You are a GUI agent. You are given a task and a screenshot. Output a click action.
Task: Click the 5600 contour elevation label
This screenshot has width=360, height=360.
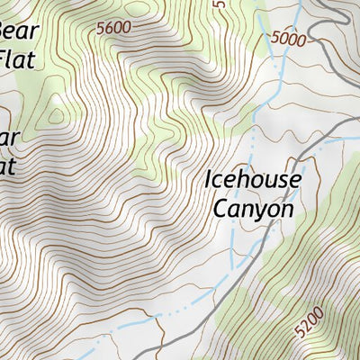(x=113, y=28)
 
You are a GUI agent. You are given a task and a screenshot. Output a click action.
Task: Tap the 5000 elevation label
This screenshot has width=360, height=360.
(x=288, y=38)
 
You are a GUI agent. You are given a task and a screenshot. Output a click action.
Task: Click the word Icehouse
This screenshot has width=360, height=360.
(x=252, y=180)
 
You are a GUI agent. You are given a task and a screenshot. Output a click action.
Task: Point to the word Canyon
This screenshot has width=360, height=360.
(x=253, y=209)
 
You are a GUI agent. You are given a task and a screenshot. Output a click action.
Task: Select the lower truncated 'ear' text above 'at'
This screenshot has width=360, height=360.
(x=9, y=138)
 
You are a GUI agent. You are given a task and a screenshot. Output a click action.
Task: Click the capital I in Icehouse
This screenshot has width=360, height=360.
(x=209, y=179)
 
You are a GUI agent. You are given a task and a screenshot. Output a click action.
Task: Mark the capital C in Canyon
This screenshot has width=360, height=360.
(x=220, y=208)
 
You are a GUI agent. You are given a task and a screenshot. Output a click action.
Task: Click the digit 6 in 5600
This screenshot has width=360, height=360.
(x=110, y=28)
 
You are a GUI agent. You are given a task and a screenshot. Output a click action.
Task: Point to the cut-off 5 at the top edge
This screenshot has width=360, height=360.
(x=218, y=4)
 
